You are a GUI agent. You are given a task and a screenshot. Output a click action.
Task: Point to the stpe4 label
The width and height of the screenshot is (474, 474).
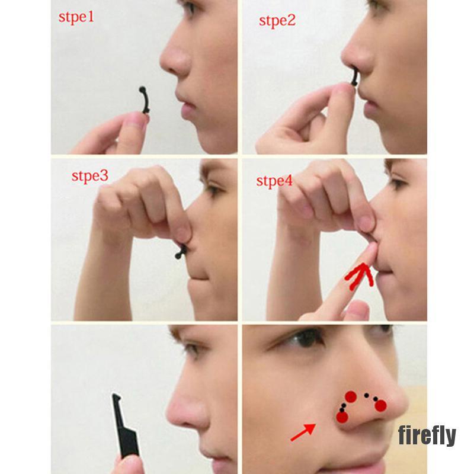coord(274,180)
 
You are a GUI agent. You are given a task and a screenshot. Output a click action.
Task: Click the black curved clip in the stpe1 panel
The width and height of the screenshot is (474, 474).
coord(143,101)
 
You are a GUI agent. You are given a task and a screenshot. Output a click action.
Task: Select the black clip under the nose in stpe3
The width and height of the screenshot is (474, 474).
coord(181,249)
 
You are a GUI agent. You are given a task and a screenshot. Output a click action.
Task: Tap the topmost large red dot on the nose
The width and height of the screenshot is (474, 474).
coord(351,396)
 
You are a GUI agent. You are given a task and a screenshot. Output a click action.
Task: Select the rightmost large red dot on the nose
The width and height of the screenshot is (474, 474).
coord(380,405)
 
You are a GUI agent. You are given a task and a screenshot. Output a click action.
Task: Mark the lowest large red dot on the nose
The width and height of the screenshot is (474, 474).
coord(342,417)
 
